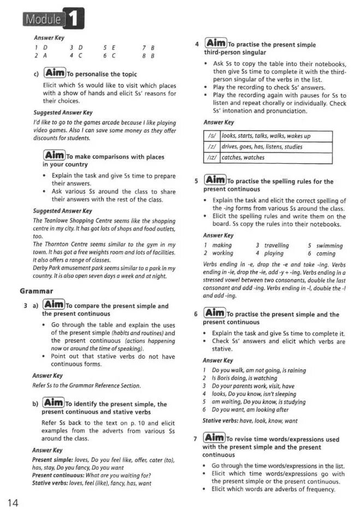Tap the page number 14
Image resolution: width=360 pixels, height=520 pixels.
[13, 503]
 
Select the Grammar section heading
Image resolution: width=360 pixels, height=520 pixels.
[36, 291]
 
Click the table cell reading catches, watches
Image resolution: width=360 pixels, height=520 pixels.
[243, 158]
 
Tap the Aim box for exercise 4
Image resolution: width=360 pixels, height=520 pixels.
[215, 43]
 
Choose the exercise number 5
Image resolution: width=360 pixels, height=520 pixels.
[196, 181]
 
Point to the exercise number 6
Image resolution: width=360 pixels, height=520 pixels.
[196, 314]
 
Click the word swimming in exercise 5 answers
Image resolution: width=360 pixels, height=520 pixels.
[329, 246]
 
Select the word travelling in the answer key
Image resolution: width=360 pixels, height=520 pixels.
[276, 246]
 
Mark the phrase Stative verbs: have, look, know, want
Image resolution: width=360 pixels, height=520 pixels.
[250, 421]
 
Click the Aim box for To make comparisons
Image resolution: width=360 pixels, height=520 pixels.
[54, 156]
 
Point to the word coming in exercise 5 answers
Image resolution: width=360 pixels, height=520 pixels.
[326, 253]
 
